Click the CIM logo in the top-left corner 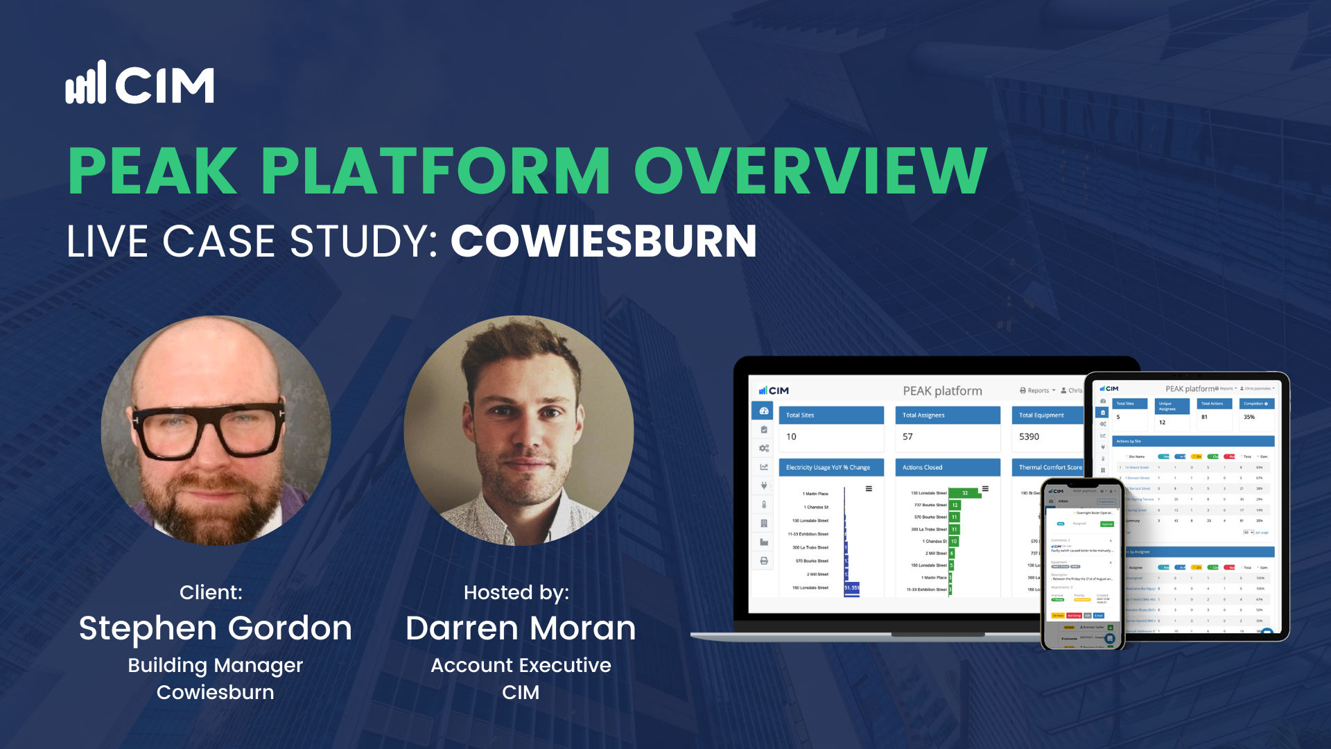point(140,83)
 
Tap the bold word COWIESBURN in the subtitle point(603,241)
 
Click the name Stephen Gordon point(215,628)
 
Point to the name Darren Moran point(521,628)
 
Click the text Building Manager point(215,665)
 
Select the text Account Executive point(521,665)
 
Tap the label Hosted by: point(516,592)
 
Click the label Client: point(211,592)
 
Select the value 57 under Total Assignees point(907,436)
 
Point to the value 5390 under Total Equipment point(1029,436)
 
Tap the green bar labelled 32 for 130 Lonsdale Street point(964,493)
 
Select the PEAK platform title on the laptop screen point(942,391)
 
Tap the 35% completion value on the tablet point(1249,417)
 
